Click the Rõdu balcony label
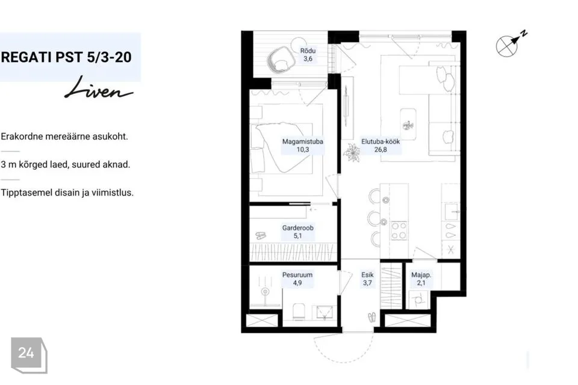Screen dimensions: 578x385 point(308,55)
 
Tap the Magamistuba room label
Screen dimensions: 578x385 point(303,145)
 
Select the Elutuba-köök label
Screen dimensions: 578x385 point(381,145)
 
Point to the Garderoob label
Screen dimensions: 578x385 point(298,232)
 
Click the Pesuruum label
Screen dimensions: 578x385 point(297,279)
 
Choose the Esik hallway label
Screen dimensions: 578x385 point(367,279)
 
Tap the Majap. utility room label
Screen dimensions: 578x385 point(421,279)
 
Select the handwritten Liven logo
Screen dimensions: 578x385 point(99,88)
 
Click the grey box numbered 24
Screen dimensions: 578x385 point(29,355)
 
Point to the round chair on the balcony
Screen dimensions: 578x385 point(281,59)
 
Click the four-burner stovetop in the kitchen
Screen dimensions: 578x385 point(399,230)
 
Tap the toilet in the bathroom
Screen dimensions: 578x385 point(298,312)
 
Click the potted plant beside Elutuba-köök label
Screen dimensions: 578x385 point(352,153)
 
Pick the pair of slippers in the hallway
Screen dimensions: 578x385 point(372,317)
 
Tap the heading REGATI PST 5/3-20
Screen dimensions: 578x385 point(66,57)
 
